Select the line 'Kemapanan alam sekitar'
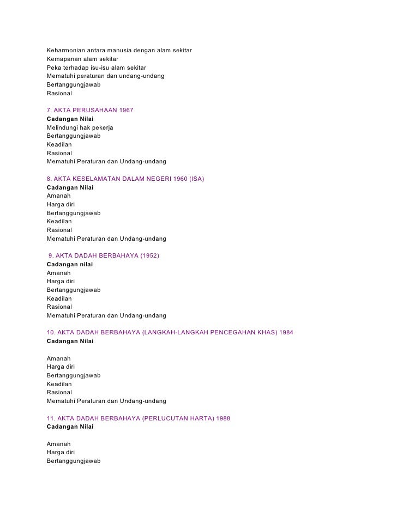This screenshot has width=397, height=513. (82, 59)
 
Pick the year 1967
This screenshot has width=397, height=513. (126, 111)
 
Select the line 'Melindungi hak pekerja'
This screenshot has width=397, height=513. (80, 127)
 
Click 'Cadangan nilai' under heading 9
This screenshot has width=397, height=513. (70, 264)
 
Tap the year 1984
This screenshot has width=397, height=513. (286, 333)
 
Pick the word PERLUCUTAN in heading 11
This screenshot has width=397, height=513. (168, 418)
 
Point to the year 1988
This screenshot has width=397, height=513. (222, 418)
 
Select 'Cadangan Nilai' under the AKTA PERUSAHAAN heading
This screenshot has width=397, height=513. (70, 119)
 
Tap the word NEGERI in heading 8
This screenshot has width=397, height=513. (154, 179)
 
